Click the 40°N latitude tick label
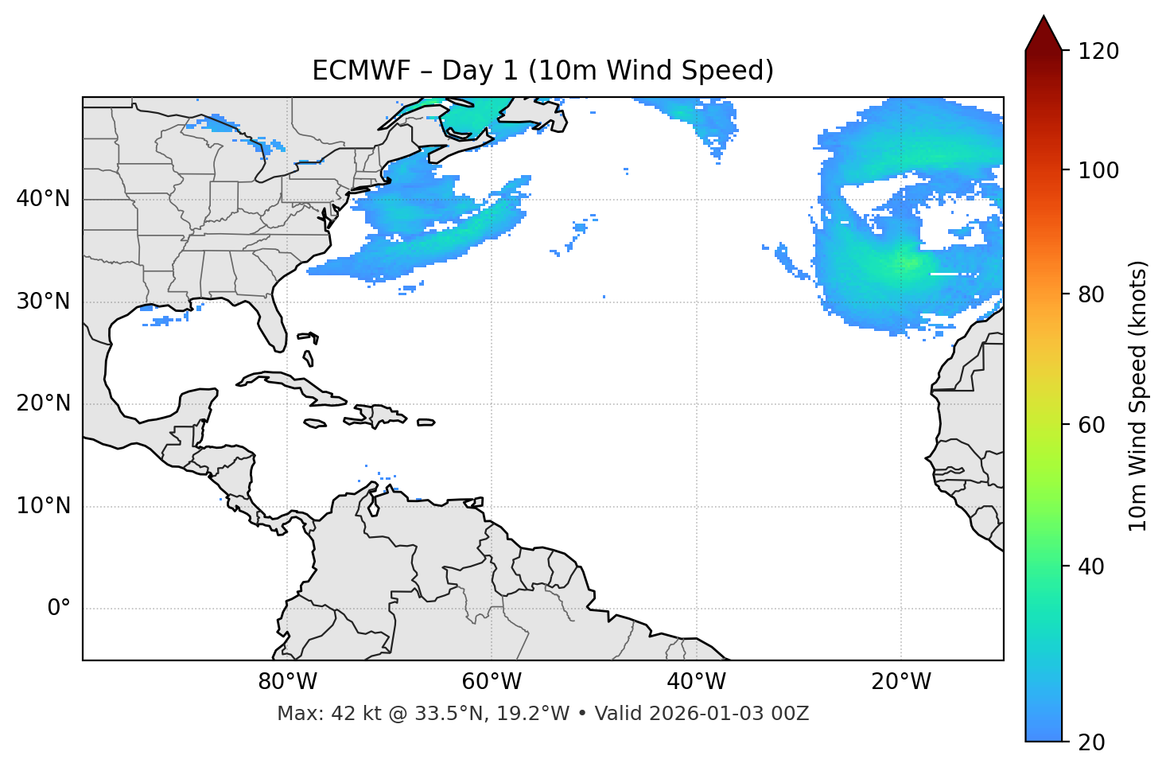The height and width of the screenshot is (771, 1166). click(43, 199)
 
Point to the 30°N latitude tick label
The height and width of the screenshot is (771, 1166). click(43, 302)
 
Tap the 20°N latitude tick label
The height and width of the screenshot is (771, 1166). click(43, 403)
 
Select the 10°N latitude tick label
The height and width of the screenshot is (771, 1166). click(43, 506)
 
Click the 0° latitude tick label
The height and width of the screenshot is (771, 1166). click(58, 609)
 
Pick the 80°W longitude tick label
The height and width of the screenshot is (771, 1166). click(287, 682)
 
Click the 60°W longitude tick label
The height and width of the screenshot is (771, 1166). click(492, 682)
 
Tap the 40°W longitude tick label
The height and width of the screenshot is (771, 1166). click(697, 682)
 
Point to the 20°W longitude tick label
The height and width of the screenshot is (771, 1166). click(901, 682)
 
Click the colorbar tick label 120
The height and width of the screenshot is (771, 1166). click(1098, 51)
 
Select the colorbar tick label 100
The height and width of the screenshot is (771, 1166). click(1098, 170)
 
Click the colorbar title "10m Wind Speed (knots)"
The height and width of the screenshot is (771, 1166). click(1138, 395)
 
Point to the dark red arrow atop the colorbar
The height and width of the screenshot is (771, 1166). click(1044, 33)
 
